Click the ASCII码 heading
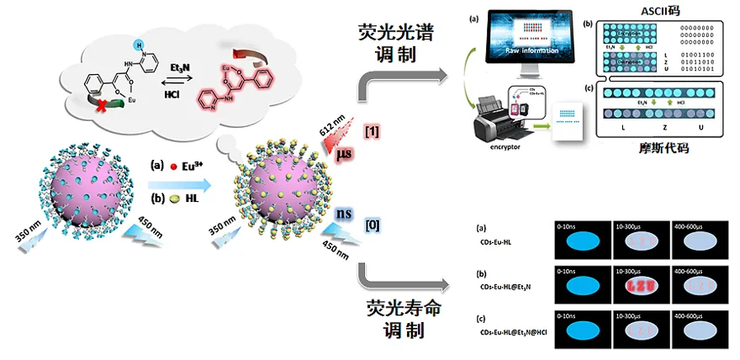click(661, 11)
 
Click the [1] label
click(371, 130)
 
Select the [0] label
click(371, 222)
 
